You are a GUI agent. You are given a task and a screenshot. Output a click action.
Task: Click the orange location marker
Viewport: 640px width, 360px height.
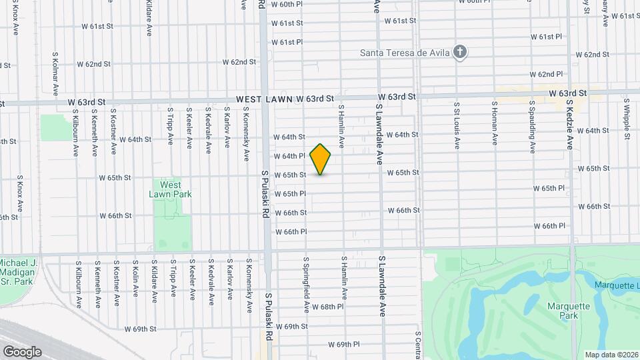pyautogui.click(x=321, y=159)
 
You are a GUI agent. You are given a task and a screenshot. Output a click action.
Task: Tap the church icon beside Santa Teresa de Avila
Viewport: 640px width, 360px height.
pyautogui.click(x=459, y=52)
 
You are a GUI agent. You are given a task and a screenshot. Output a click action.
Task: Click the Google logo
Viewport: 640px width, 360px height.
pyautogui.click(x=22, y=351)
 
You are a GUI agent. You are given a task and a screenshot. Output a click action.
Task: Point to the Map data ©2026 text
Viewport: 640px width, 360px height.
pyautogui.click(x=611, y=354)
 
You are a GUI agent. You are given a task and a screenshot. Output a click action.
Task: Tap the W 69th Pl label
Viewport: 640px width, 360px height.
pyautogui.click(x=344, y=345)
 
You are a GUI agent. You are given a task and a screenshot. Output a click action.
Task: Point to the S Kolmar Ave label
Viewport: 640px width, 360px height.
pyautogui.click(x=53, y=73)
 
